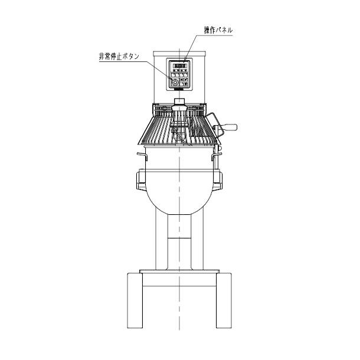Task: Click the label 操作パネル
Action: [x=218, y=30]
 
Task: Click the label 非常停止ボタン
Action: [x=119, y=57]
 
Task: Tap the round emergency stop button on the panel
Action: [x=175, y=81]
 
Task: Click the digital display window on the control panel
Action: [x=179, y=66]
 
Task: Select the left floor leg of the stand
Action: [x=135, y=300]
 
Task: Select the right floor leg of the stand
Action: [x=224, y=300]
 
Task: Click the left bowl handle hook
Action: [x=142, y=156]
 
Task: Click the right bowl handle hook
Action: [x=217, y=156]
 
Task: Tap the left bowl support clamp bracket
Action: [x=141, y=181]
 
